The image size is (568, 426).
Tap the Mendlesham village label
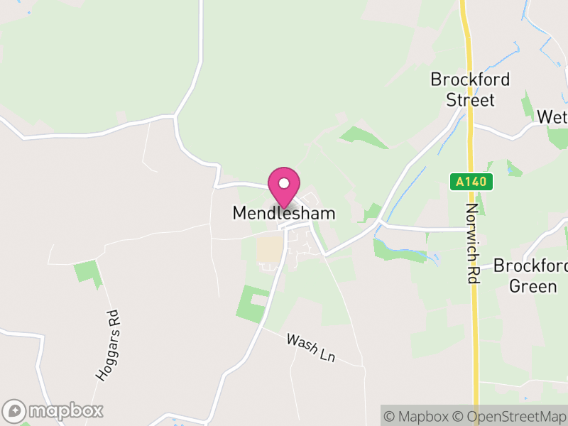284,213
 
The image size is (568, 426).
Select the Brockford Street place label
470,89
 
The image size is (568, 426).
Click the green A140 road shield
471,182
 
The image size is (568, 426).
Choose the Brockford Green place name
530,276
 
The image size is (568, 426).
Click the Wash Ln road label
311,348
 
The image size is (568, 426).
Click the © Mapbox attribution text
420,416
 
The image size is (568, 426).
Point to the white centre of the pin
284,183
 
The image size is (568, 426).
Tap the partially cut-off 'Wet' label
552,116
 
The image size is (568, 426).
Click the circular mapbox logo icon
15,410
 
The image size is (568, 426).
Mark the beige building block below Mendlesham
270,248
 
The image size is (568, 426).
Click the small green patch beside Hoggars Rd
88,272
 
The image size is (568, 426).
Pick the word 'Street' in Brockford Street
470,99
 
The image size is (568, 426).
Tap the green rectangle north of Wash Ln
253,302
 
